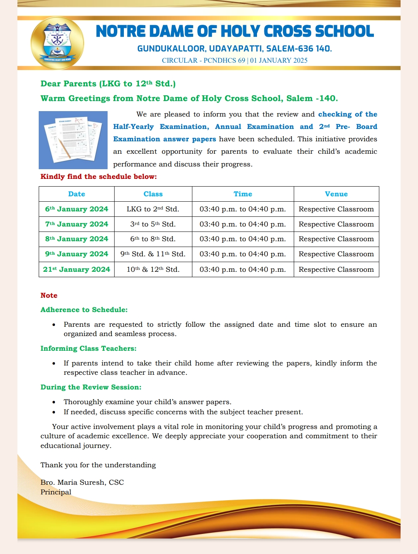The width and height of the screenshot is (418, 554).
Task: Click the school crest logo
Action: (57, 43)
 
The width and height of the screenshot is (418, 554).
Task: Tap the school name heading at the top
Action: (235, 31)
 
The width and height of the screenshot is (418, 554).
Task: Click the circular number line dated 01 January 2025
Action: (235, 60)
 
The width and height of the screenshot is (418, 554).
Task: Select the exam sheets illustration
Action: (73, 140)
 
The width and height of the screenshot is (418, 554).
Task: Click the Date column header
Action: (77, 194)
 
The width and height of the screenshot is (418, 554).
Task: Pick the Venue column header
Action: (336, 194)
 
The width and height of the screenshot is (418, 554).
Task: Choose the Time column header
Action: (243, 194)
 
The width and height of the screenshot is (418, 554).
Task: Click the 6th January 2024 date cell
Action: (77, 209)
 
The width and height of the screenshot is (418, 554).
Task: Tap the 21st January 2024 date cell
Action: (77, 269)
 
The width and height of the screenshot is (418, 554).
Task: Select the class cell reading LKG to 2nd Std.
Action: (153, 209)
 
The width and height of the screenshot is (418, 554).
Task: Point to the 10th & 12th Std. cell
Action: (153, 269)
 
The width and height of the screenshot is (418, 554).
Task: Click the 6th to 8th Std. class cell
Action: (153, 239)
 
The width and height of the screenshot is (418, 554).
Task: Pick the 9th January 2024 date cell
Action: (77, 254)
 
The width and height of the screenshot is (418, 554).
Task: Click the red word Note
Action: (49, 295)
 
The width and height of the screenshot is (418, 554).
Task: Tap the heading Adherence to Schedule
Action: (84, 310)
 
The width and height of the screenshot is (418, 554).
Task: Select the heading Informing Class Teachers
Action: (89, 348)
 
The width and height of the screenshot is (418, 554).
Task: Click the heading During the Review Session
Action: (91, 387)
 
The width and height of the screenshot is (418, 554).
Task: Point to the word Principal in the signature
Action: (56, 492)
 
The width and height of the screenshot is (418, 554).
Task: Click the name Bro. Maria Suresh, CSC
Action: (82, 482)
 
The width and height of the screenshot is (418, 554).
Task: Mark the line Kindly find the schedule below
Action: (99, 177)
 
